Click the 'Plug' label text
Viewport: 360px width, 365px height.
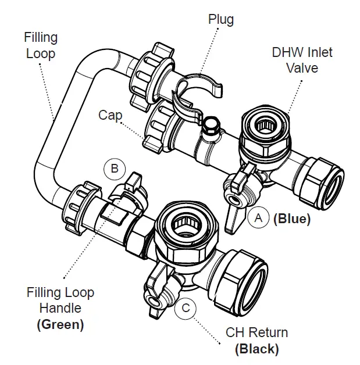point(220,19)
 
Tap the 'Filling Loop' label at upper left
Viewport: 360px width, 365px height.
point(41,45)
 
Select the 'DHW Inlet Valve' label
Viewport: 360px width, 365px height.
point(302,60)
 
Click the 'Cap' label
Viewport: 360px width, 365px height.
point(110,115)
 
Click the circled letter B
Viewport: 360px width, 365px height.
point(115,169)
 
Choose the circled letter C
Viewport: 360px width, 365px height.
point(185,307)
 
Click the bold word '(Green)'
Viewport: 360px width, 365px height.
point(60,324)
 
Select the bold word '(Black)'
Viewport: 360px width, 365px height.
point(256,349)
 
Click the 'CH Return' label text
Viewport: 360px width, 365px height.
point(256,333)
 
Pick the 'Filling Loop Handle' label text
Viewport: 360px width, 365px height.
point(60,300)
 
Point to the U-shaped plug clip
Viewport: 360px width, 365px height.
point(198,90)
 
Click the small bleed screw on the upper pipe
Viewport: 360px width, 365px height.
point(211,124)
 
